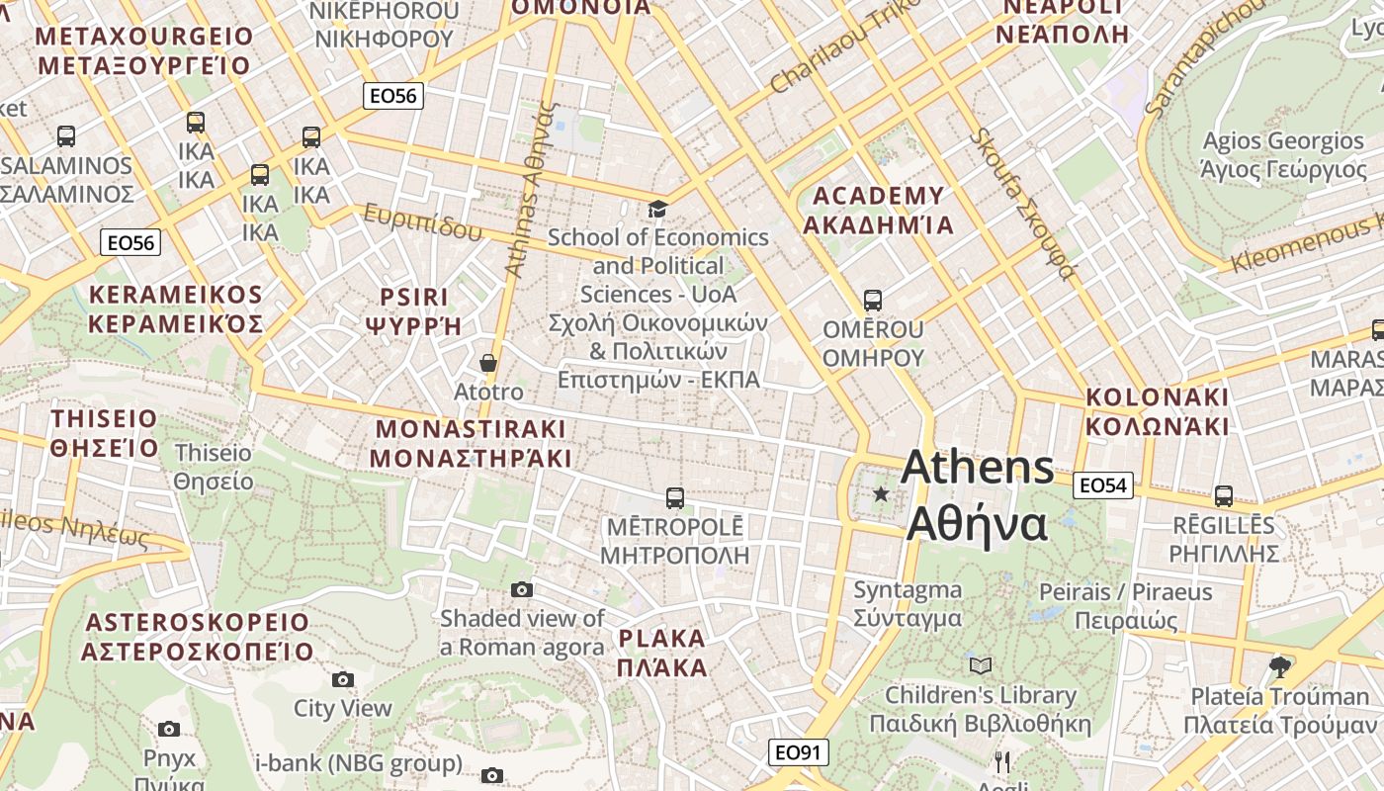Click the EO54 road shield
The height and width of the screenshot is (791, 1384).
tap(1102, 485)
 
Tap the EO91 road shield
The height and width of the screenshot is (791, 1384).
tap(798, 752)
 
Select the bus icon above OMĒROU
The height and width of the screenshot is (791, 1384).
tap(872, 300)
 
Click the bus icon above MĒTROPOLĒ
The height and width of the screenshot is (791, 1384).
tap(675, 497)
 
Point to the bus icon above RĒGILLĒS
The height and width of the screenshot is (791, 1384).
tap(1224, 496)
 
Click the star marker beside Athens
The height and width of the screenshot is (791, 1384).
tap(880, 493)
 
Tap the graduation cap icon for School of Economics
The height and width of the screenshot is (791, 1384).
tap(657, 209)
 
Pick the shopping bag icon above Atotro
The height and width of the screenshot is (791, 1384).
tap(487, 363)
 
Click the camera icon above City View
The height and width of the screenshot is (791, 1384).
tap(343, 679)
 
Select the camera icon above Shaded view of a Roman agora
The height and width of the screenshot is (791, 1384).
tap(522, 590)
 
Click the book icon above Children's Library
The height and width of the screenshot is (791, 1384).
tap(980, 665)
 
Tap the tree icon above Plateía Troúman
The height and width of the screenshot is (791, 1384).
tap(1280, 665)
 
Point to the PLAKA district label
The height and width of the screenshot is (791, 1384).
tap(662, 653)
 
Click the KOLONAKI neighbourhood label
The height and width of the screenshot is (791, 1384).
tap(1158, 411)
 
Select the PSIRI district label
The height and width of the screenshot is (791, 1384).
tap(414, 310)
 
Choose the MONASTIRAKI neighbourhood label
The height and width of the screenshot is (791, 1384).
tap(471, 443)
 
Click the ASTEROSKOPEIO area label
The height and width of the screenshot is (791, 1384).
tap(197, 637)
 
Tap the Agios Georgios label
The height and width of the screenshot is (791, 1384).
tap(1283, 155)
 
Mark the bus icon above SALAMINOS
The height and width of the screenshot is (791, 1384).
tap(66, 136)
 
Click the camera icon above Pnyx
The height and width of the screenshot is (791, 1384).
tap(169, 730)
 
